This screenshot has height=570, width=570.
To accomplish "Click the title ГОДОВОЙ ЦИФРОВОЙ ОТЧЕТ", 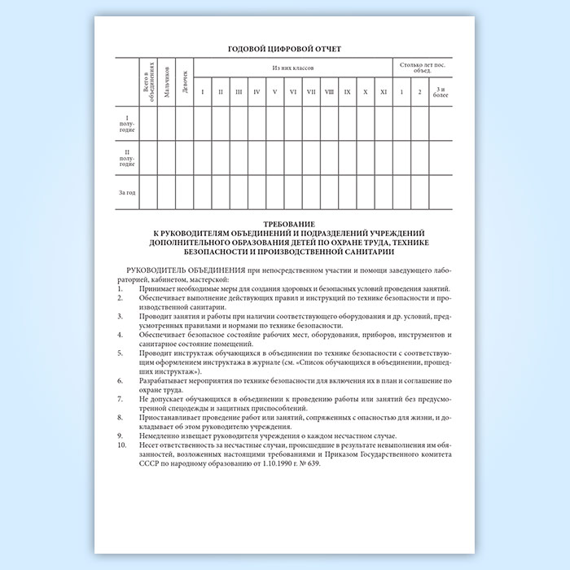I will (x=284, y=49).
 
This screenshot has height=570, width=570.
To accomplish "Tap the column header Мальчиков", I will (x=166, y=82).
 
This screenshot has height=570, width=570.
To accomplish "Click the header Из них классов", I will (x=292, y=66).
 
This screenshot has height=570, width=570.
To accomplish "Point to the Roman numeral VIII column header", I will (x=329, y=91).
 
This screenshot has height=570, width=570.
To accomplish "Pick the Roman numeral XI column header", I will (x=384, y=91).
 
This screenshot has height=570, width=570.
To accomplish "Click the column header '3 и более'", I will (x=441, y=90).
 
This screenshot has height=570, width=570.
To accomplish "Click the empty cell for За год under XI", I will (x=384, y=193).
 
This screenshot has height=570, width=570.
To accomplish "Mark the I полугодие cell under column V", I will (x=275, y=123).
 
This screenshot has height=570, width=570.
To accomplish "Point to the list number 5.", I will (x=121, y=352).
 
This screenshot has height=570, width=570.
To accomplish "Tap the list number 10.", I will (x=122, y=445).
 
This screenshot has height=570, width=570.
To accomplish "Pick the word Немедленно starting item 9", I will (x=159, y=436).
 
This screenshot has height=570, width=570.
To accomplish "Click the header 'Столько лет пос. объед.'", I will (x=422, y=66).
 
